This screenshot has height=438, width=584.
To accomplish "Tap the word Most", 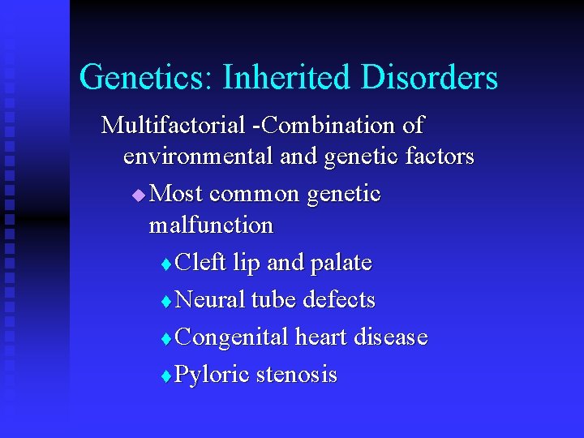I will click(x=177, y=194).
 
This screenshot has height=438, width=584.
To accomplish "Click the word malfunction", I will click(x=211, y=224).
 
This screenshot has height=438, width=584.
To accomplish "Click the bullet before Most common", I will click(x=139, y=195).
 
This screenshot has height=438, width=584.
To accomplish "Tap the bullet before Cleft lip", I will click(x=167, y=264).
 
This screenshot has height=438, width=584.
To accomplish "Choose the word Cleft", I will click(x=201, y=263).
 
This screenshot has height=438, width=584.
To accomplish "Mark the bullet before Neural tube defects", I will click(x=167, y=302).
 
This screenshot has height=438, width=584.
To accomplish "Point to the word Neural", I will click(x=210, y=300).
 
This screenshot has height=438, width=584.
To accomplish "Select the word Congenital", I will click(x=231, y=337).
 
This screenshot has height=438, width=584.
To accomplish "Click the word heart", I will click(x=322, y=337).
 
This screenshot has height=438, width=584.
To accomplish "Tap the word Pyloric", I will click(x=213, y=375).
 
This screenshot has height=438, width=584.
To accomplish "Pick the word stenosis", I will click(x=297, y=375).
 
